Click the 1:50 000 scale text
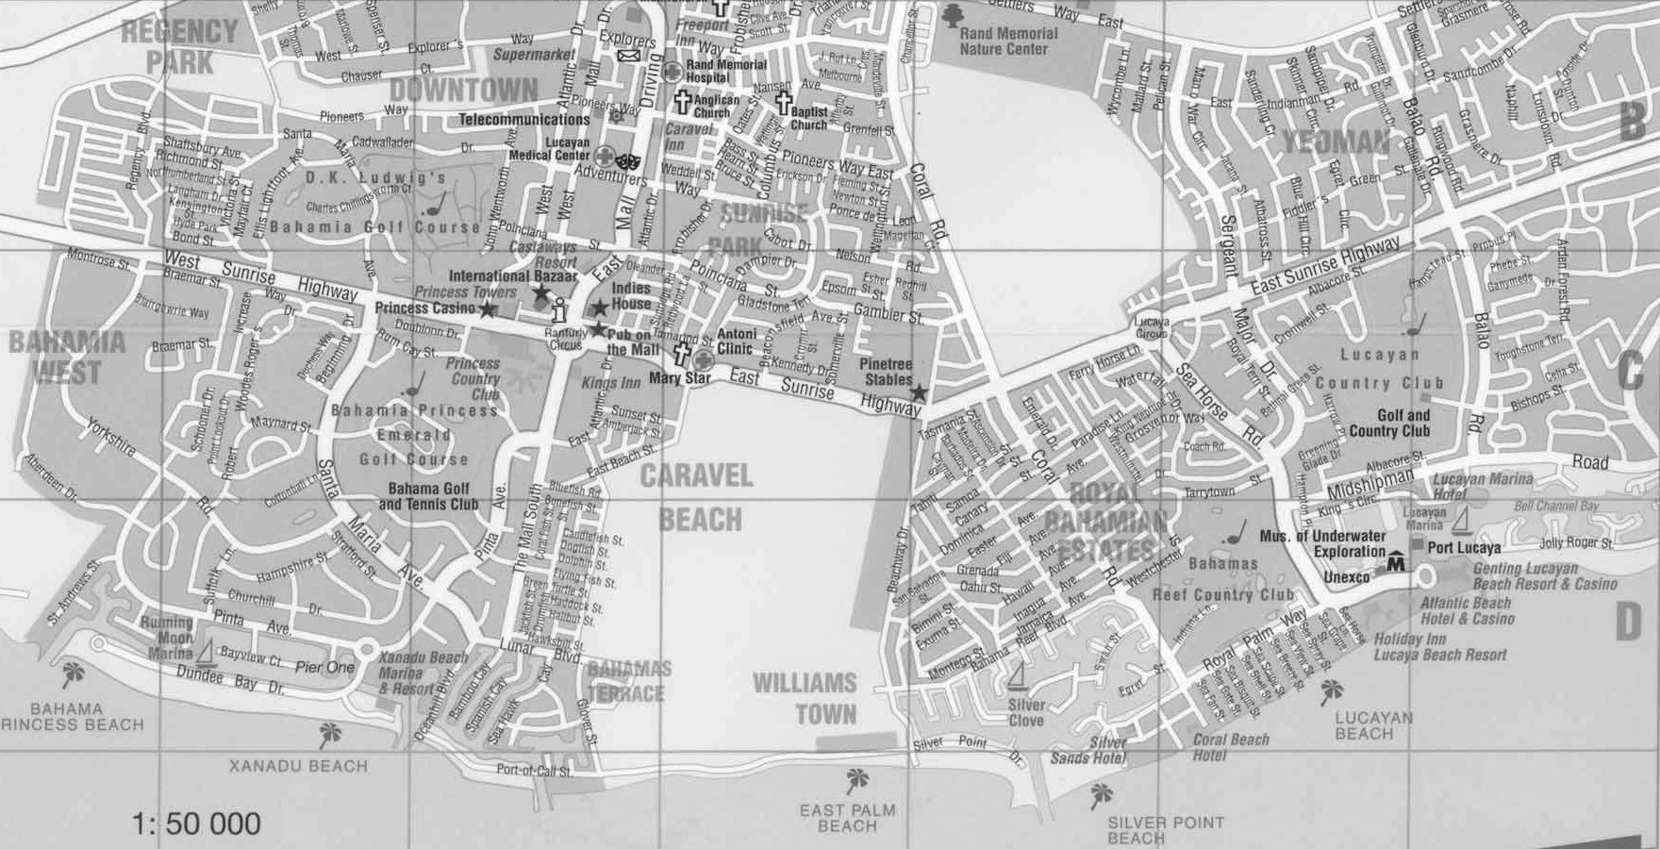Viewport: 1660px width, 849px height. coord(197,824)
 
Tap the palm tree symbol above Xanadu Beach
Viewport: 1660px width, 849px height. coord(329,733)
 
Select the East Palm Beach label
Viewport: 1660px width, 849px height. coord(847,817)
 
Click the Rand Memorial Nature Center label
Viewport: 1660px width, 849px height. coord(1008,41)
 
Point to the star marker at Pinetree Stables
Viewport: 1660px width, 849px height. coord(919,391)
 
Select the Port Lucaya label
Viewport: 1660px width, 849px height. coord(1464,547)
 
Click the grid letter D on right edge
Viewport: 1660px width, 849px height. coord(1629,624)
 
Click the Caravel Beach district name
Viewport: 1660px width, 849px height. coord(697,497)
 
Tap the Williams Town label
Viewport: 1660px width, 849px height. coord(805,698)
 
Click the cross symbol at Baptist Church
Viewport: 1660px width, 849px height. coord(783,103)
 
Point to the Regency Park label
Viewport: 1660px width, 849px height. coord(180,44)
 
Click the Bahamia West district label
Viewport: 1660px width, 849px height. coord(66,357)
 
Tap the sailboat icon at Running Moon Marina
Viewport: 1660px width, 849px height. coord(209,651)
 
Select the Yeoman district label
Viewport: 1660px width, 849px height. coord(1336,143)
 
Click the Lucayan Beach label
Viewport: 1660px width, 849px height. coord(1373,724)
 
